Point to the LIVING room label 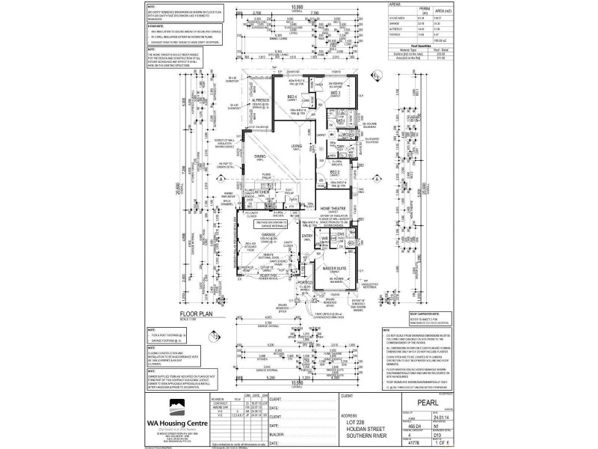pyautogui.click(x=296, y=146)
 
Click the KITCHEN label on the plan pyautogui.click(x=261, y=193)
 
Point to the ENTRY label pyautogui.click(x=306, y=236)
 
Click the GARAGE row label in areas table pyautogui.click(x=394, y=24)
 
